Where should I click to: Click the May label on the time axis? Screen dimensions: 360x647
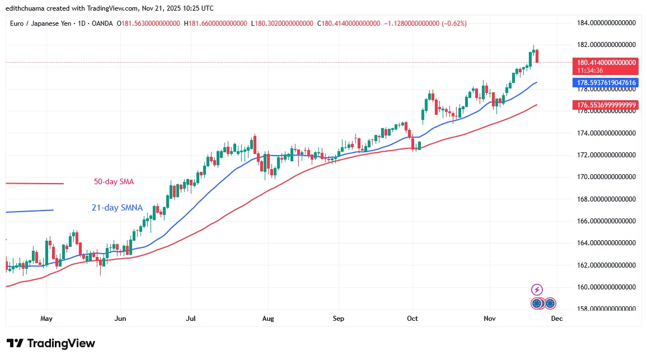coord(46,319)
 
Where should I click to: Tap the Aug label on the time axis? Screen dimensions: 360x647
coord(268,319)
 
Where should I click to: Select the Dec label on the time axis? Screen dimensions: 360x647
coord(556,319)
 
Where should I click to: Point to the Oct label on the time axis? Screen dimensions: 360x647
coord(412,319)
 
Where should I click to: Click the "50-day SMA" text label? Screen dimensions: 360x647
coord(114,182)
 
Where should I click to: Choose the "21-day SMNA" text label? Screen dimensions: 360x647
coord(117,208)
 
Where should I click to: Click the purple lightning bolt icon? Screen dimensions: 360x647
coord(537,289)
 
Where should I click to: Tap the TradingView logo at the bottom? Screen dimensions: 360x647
coord(51,343)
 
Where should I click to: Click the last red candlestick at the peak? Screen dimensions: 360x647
coord(537,56)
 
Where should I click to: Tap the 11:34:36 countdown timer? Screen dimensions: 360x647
coord(590,71)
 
